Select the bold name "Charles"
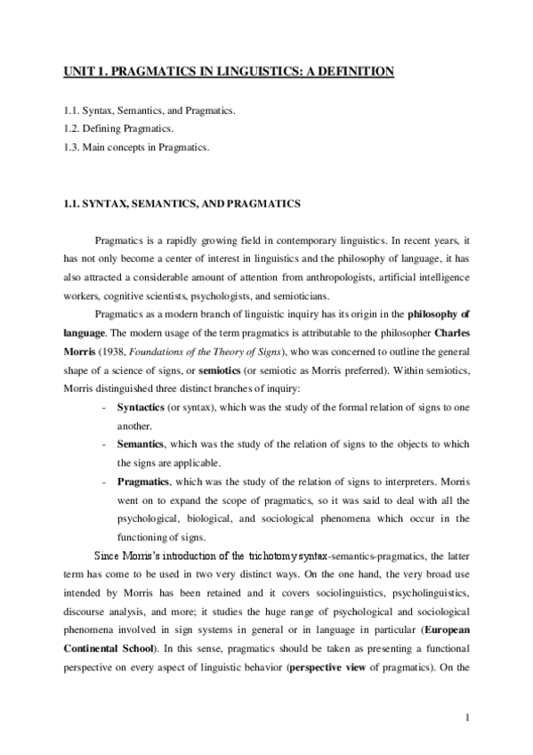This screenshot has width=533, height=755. tap(450, 330)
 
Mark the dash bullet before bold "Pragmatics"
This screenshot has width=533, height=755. tap(106, 480)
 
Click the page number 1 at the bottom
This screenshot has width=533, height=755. tap(466, 718)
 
